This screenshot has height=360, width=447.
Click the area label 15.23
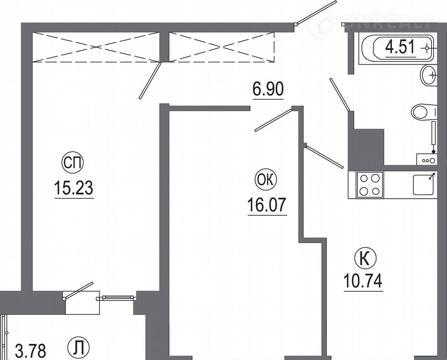[74, 188]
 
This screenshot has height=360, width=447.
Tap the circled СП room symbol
[72, 163]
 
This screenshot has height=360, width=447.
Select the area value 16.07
[266, 205]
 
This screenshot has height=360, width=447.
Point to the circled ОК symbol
[266, 180]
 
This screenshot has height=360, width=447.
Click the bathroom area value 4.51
[400, 47]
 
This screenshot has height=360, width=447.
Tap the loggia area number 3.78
[30, 351]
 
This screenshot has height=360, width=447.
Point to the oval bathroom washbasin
[428, 75]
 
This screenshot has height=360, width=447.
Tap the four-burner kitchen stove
[369, 185]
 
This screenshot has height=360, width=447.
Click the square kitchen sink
[424, 185]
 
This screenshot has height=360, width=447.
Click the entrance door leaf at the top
[317, 12]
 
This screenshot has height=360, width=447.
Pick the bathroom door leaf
[340, 94]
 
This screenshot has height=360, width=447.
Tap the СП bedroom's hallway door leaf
[150, 81]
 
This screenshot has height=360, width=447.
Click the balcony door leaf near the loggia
[78, 290]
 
